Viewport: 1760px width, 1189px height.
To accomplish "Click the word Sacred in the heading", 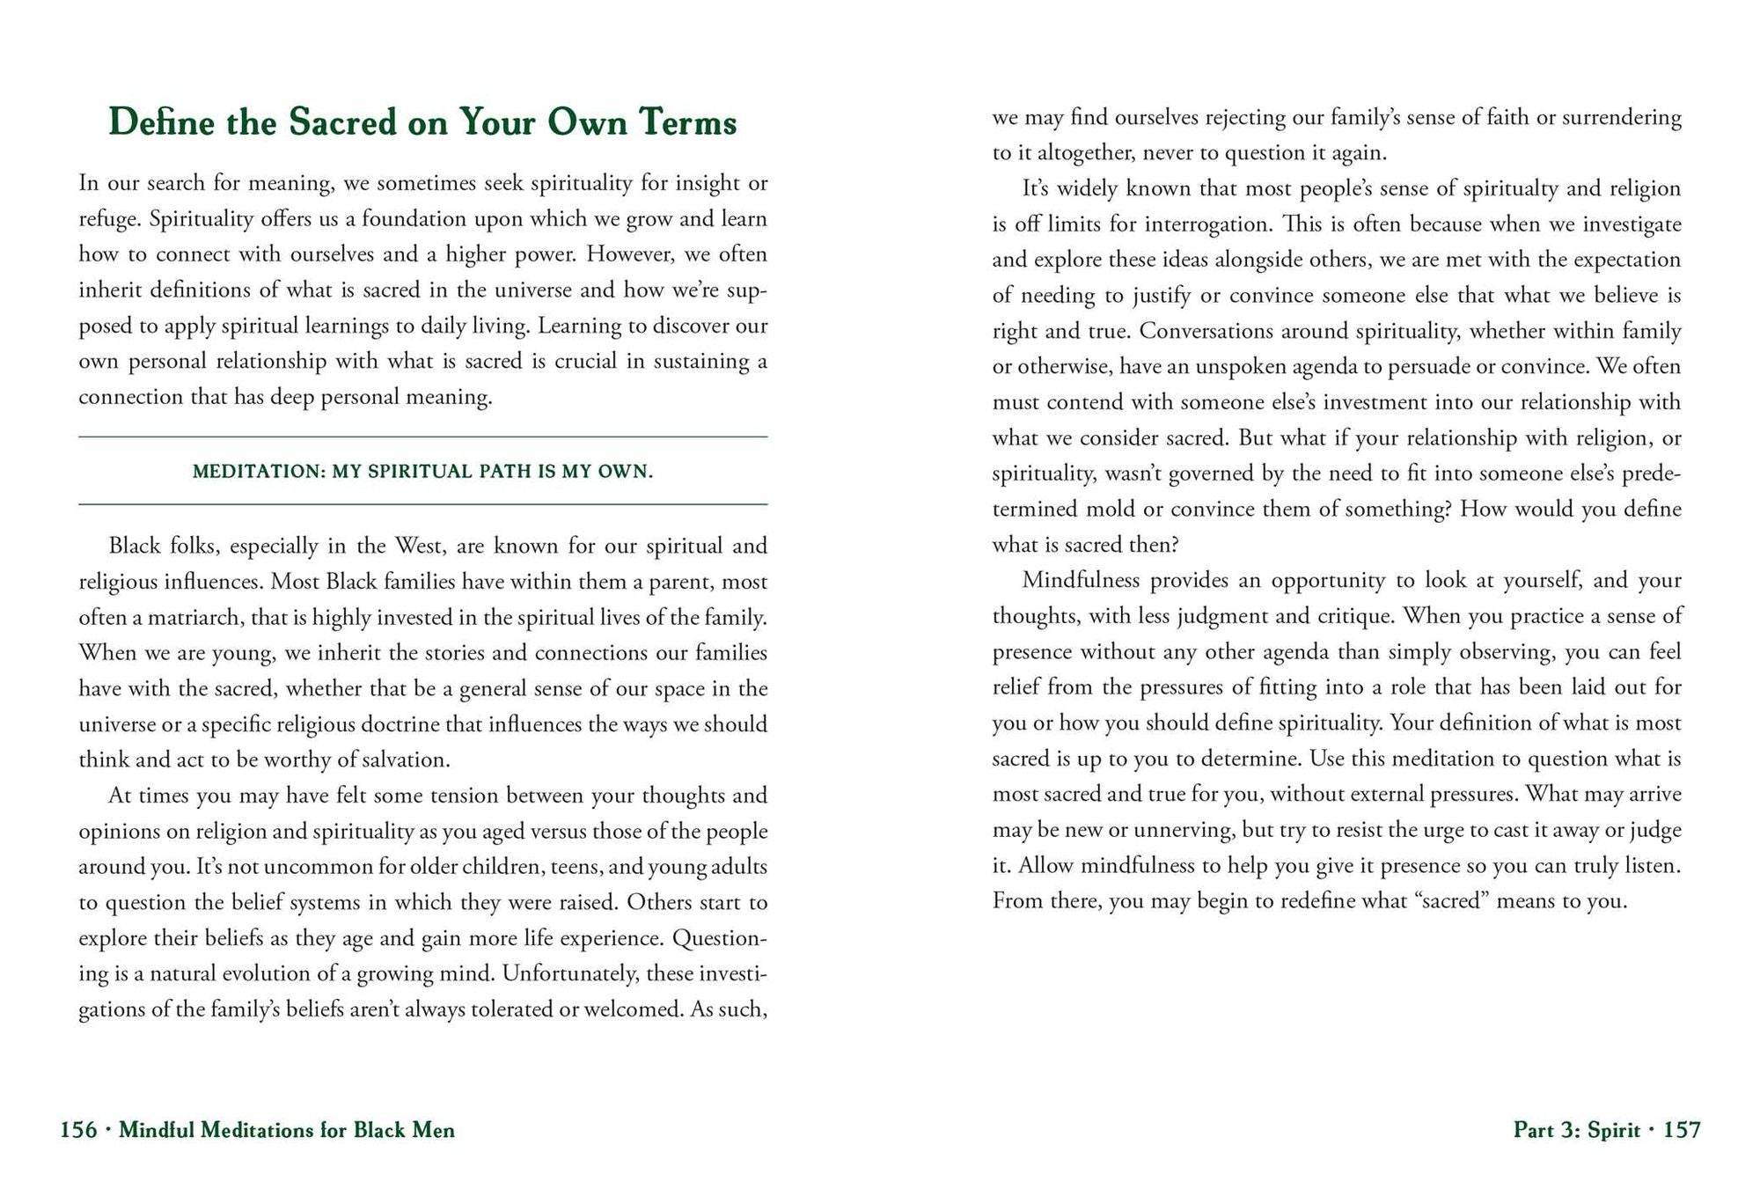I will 343,122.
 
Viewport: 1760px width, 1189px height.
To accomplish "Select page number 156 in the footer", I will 78,1130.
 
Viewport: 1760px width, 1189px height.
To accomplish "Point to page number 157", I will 1682,1130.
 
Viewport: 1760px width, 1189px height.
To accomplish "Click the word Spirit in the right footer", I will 1614,1130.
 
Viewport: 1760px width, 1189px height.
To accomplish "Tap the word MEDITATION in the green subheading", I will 259,472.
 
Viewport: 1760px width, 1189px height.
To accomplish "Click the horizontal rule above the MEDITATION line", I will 422,437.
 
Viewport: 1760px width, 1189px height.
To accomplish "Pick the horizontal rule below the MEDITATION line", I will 422,504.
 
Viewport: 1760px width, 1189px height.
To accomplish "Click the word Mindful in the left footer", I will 156,1130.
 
